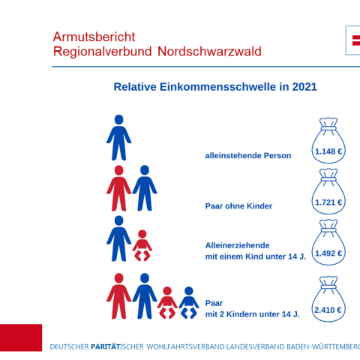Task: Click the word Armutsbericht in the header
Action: coord(94,37)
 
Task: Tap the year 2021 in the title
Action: coord(304,87)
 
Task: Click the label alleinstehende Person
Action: coord(247,156)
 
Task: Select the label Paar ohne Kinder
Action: coord(238,206)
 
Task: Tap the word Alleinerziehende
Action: coord(237,245)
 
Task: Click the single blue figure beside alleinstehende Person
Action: coord(118,138)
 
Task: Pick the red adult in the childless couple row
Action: coord(118,188)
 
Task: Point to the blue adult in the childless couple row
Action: coord(145,188)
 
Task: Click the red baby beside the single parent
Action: coord(142,246)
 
